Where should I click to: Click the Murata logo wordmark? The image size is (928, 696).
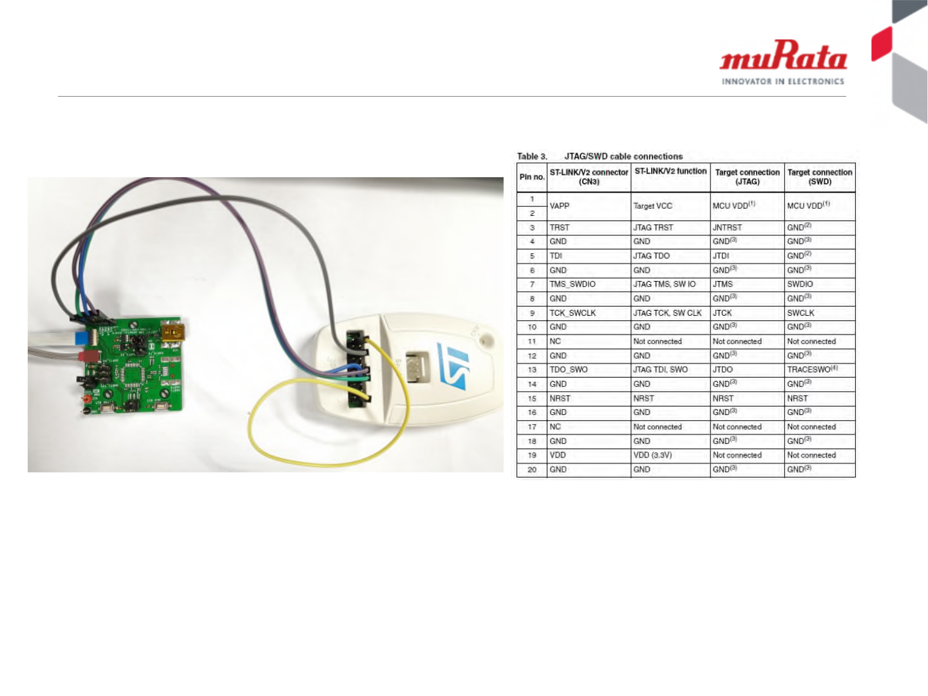point(783,56)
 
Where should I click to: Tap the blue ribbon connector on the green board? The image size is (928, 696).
point(82,338)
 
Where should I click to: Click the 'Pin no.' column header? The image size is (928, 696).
point(532,177)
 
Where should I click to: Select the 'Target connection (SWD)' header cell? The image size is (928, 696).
point(820,177)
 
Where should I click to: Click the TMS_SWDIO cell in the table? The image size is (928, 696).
point(573,284)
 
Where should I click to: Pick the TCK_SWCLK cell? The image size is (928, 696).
point(573,313)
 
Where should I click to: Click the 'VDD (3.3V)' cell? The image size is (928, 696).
point(652,455)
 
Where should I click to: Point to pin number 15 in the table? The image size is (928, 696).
point(532,399)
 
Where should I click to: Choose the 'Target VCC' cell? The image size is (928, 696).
point(652,206)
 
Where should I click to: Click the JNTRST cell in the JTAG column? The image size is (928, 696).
point(727,227)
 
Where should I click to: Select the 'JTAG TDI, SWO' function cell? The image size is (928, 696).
point(660,370)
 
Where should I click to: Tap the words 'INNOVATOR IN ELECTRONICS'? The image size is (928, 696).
point(782,82)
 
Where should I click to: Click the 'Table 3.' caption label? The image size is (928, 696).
point(532,157)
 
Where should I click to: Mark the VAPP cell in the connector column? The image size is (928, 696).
point(560,206)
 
